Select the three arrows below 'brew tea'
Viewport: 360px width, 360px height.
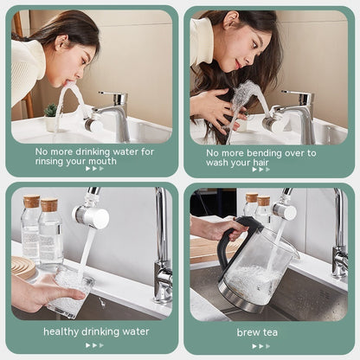[x=262, y=345]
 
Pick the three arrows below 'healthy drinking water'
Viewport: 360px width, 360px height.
[x=94, y=345]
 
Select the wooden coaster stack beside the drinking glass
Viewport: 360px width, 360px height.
[x=22, y=267]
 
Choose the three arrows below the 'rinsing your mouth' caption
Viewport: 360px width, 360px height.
[x=94, y=169]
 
